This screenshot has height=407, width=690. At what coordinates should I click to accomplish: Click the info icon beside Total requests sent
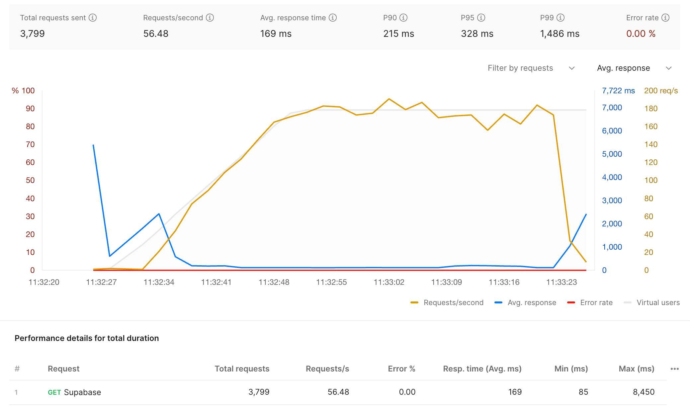point(93,18)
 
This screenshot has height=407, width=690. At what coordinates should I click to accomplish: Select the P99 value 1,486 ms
point(560,34)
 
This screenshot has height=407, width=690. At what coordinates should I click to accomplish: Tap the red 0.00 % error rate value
point(641,34)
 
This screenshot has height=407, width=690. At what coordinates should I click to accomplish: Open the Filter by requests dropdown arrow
point(571,68)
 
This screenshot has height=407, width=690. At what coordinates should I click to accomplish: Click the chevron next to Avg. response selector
point(669,68)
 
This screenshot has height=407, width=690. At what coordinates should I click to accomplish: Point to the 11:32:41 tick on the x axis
point(216,282)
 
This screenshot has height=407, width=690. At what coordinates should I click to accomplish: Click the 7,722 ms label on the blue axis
point(618,91)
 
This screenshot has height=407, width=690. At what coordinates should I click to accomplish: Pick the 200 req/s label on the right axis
point(661,91)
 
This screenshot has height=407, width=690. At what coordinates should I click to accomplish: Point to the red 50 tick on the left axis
point(30,180)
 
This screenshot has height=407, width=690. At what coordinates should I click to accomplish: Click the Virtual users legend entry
point(651,302)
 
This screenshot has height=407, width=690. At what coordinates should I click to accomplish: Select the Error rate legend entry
point(590,302)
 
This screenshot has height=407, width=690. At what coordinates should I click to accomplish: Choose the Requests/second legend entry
point(447,302)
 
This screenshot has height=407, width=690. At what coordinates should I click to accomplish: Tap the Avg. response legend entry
point(525,302)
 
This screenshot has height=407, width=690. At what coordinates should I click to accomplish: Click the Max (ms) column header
point(637,368)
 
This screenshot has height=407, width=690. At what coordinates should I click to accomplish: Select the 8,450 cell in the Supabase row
point(644,392)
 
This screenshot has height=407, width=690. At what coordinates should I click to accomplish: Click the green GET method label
point(54,392)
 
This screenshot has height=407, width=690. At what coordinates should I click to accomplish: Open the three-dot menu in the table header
point(675,369)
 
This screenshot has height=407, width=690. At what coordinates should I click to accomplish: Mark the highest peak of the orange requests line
point(389,99)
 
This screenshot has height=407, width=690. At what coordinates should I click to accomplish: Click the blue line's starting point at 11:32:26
point(93,145)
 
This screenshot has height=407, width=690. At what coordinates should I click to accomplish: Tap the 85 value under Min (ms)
point(583,392)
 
